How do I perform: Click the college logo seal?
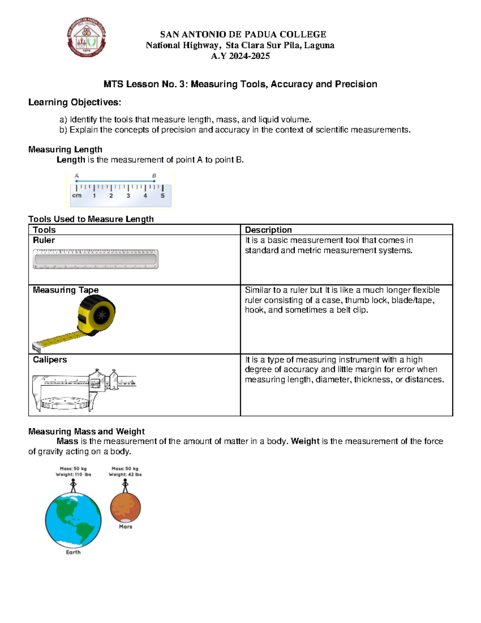(x=86, y=37)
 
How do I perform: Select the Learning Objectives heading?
(x=75, y=102)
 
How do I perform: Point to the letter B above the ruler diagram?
(x=154, y=176)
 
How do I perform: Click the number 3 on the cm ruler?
(x=128, y=196)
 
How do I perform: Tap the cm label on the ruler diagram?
(x=77, y=195)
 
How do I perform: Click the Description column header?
(x=268, y=230)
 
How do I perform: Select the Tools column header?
(x=44, y=230)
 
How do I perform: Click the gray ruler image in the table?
(x=95, y=259)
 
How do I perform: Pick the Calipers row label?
(x=50, y=360)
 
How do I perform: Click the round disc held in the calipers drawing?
(x=64, y=402)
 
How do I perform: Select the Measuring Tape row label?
(x=66, y=290)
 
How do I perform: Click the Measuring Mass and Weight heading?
(x=86, y=431)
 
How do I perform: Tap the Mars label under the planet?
(x=125, y=527)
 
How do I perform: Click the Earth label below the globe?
(x=73, y=552)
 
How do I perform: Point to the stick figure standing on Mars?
(x=125, y=486)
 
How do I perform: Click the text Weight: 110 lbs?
(x=73, y=475)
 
